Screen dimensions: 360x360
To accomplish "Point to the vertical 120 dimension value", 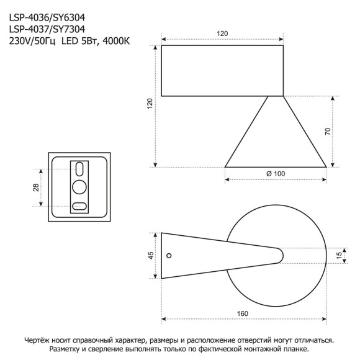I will point(150,104).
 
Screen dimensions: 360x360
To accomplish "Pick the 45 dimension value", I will point(150,256).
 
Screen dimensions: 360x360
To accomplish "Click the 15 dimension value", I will point(339,254).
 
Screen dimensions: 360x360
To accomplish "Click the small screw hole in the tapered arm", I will point(172,254).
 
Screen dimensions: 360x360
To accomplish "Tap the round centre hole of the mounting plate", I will point(79,186).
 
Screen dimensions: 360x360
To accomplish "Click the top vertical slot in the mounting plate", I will point(79,169).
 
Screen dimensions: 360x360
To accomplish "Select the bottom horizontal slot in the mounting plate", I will point(79,205).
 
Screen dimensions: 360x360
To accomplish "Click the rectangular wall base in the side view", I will point(223,71).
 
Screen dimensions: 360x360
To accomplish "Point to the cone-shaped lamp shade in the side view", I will point(275,140).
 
